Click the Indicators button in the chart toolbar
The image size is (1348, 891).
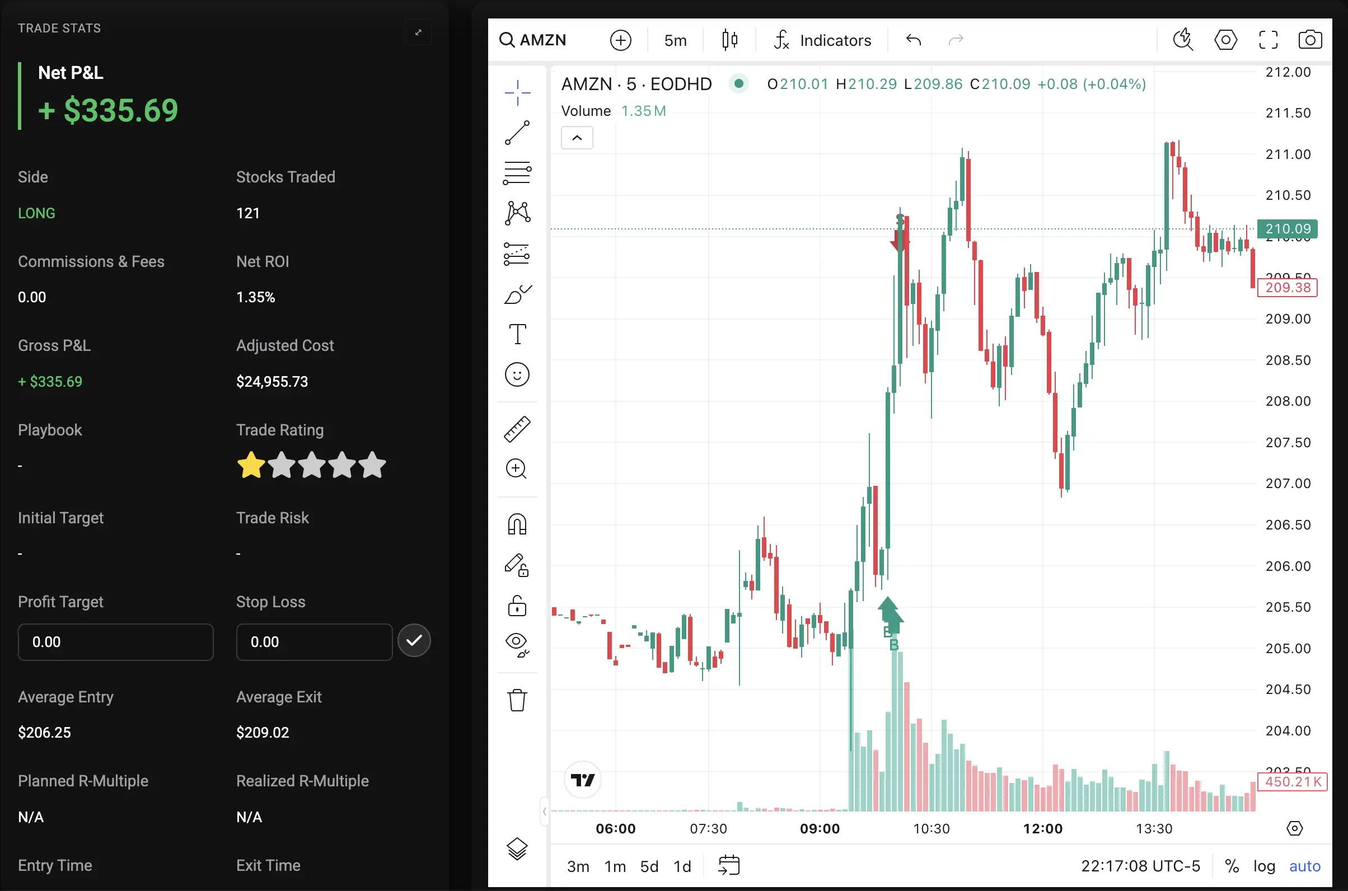coord(822,40)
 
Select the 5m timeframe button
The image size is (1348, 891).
coord(675,40)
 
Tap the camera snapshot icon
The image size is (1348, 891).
coord(1310,40)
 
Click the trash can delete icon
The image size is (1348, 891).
coord(517,700)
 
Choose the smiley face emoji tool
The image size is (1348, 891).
coord(517,375)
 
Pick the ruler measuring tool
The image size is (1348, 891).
coord(517,429)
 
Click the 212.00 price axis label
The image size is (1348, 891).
coord(1288,72)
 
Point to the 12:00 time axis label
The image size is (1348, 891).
coord(1043,828)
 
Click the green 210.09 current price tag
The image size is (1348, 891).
coord(1288,228)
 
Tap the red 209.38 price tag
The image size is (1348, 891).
coord(1288,288)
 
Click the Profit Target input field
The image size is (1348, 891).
coord(115,642)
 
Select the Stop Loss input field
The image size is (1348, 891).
coord(314,642)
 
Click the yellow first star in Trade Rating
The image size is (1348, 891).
coord(251,466)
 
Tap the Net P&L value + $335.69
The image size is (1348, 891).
coord(108,110)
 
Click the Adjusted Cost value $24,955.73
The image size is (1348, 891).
coord(272,381)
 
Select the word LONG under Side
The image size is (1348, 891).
coord(36,213)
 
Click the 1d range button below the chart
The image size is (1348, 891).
coord(682,866)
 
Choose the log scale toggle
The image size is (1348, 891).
coord(1264,866)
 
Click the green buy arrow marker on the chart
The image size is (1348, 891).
coord(890,614)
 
